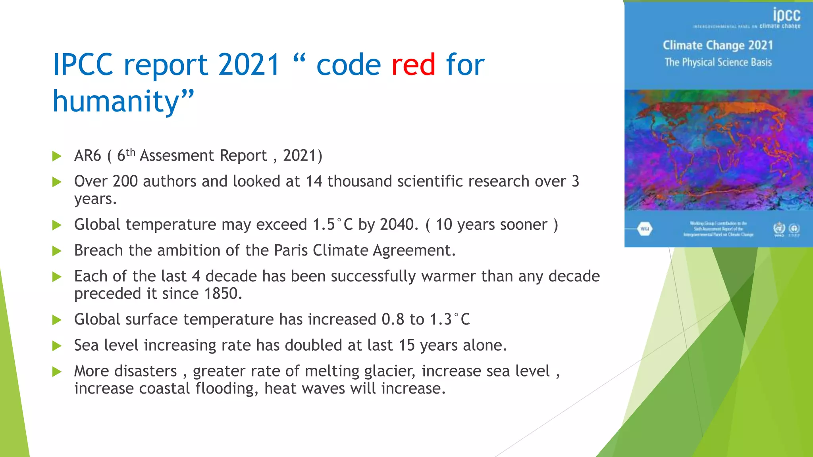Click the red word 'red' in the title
coord(413,65)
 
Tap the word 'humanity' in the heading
coord(116,102)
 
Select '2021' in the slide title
coord(249,65)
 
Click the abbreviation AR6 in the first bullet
coord(88,156)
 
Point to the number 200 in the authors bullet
coord(125,181)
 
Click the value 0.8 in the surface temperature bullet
coord(393,319)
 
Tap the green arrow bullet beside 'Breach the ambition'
coord(57,251)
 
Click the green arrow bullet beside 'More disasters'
coord(57,372)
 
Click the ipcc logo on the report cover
coord(786,15)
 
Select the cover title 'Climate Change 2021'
coord(718,45)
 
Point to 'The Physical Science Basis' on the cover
coord(718,62)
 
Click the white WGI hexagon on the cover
coord(645,229)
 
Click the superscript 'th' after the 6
coord(131,152)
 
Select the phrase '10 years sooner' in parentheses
coord(491,225)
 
